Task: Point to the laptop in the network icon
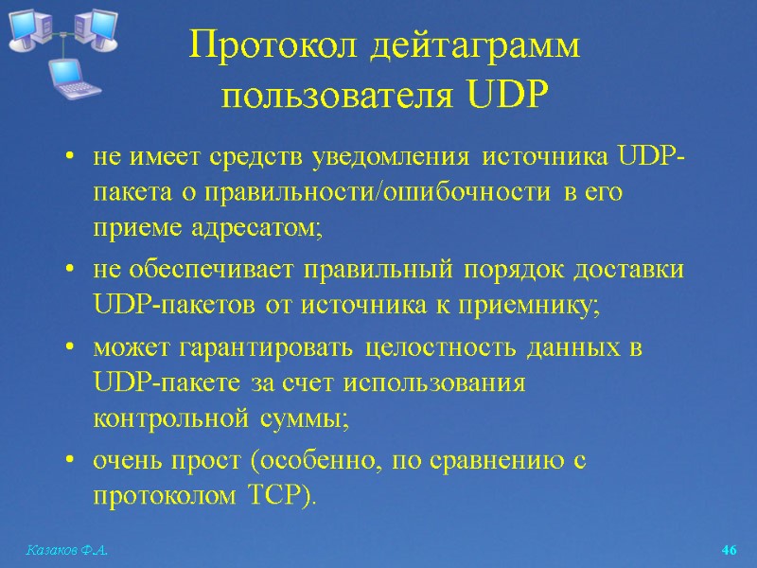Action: point(72,77)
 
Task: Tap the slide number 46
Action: point(729,550)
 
